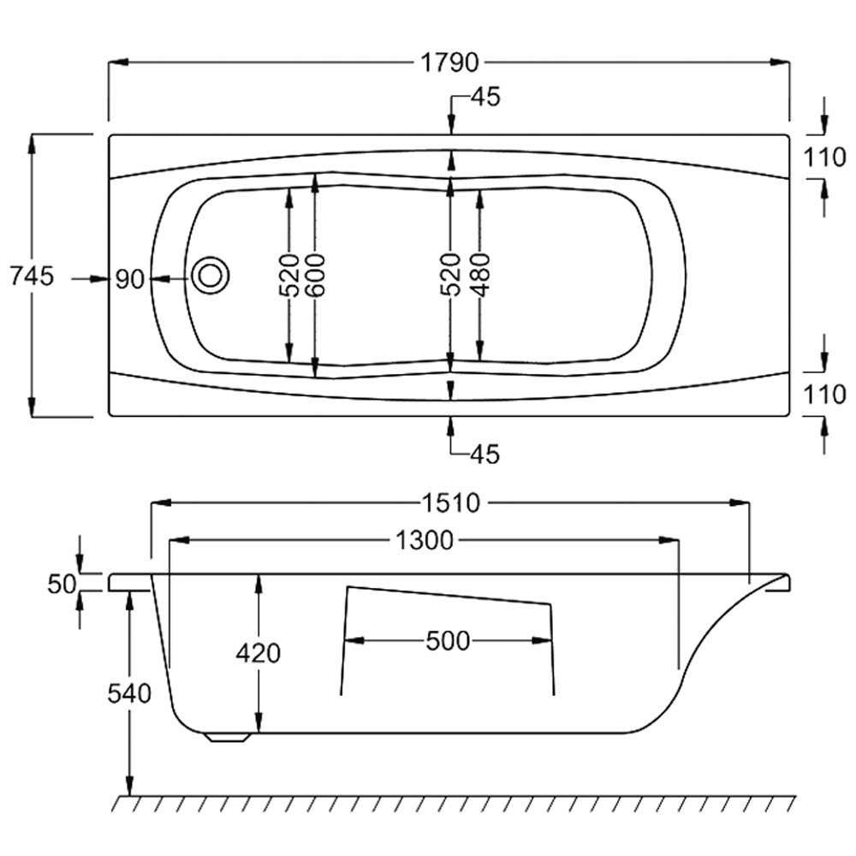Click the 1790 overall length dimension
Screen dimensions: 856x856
pos(448,62)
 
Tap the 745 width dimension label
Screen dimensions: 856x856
pos(31,276)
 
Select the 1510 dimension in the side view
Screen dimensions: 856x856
pos(449,502)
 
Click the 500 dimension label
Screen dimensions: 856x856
pos(447,640)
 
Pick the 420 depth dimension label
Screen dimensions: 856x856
pos(258,653)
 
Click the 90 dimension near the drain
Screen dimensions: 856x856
pos(130,279)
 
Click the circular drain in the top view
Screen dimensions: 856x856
pos(210,275)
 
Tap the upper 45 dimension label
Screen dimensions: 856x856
pos(484,98)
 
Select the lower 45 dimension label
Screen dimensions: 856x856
pos(484,454)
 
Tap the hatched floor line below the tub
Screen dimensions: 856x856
pos(454,803)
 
